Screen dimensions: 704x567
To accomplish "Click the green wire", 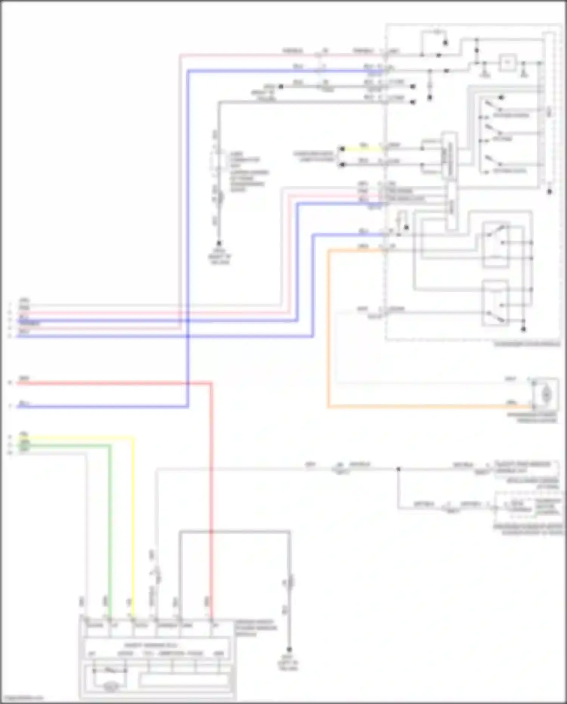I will click(x=110, y=530).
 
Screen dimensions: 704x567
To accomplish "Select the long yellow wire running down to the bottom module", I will click(x=133, y=530).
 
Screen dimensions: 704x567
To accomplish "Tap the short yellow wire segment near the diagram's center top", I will click(x=363, y=149).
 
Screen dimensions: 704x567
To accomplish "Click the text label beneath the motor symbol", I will click(x=532, y=418).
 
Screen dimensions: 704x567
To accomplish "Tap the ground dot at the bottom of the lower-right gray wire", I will click(x=289, y=650).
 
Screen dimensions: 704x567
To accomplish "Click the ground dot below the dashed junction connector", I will click(x=219, y=243).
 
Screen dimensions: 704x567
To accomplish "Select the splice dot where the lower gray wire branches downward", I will click(x=398, y=469).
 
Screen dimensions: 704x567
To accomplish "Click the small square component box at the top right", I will click(x=508, y=62).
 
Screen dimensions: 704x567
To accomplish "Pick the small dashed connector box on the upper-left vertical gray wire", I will click(x=216, y=162).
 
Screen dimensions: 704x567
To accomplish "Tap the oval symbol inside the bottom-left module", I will click(x=110, y=686).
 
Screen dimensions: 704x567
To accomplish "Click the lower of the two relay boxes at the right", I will click(x=495, y=303).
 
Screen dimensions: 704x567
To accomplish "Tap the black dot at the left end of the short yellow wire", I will click(x=342, y=149).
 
